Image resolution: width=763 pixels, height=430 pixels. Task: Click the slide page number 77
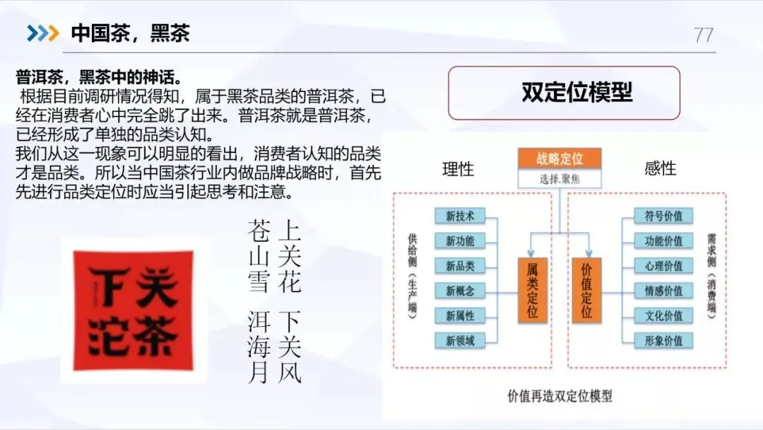704,35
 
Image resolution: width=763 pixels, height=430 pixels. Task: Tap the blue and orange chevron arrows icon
42,33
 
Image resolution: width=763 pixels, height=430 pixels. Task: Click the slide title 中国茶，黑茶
131,33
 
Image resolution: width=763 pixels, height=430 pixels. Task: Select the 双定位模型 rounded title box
564,93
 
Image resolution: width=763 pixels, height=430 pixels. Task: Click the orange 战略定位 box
559,158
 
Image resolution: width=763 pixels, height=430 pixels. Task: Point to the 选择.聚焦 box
559,178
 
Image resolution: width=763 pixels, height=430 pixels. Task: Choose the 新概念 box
460,291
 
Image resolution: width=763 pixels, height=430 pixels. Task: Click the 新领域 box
460,340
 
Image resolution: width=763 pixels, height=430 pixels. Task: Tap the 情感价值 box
658,291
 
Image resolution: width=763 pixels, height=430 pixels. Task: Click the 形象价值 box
658,340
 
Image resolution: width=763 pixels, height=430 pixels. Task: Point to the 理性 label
459,169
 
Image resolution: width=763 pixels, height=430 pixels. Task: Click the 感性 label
661,168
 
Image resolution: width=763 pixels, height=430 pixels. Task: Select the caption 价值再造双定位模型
560,396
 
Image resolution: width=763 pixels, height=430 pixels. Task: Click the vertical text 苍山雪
259,256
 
